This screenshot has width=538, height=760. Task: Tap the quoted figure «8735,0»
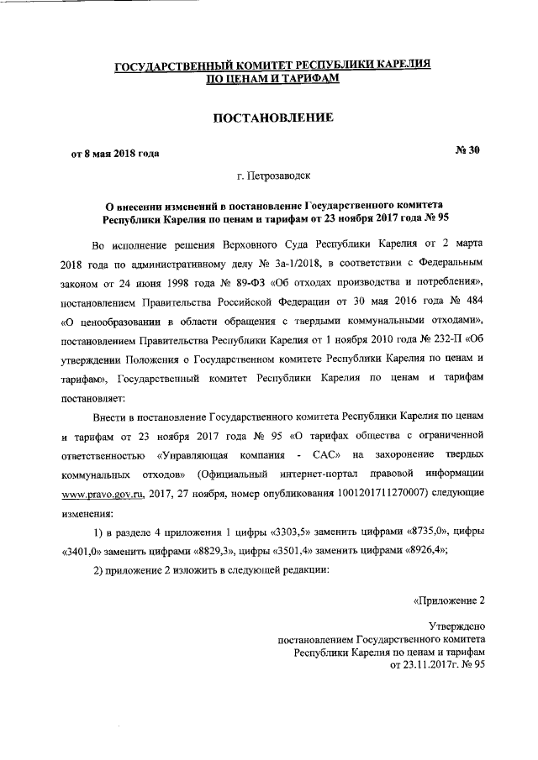[x=431, y=532]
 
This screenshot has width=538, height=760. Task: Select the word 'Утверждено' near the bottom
[x=456, y=626]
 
